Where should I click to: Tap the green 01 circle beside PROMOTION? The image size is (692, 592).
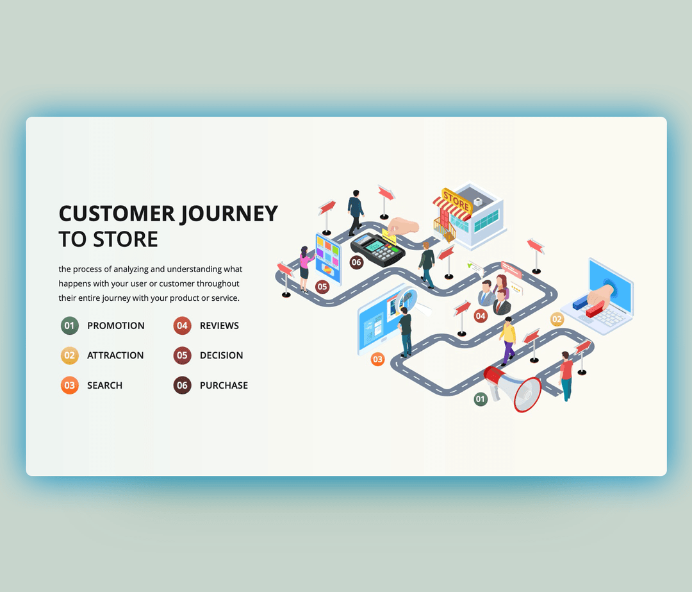click(x=70, y=326)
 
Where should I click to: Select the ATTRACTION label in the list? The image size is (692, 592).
click(x=115, y=355)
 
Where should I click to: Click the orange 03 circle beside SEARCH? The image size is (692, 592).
click(x=70, y=385)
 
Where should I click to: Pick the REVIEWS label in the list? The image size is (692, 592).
click(x=219, y=326)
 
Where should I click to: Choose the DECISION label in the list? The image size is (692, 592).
click(x=221, y=355)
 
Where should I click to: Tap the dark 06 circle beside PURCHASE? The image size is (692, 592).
click(x=183, y=385)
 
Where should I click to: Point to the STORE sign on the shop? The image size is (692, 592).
click(x=456, y=200)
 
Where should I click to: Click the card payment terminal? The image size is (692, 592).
click(x=378, y=249)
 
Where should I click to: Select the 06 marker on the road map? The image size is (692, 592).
click(x=356, y=262)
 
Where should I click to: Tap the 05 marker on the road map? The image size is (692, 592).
click(x=322, y=287)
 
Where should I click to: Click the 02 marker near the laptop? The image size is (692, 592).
click(x=557, y=319)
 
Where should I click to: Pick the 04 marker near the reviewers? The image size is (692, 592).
click(x=481, y=316)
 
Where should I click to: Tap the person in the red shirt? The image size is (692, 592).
click(x=566, y=376)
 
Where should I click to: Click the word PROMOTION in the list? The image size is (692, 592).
click(x=116, y=326)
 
